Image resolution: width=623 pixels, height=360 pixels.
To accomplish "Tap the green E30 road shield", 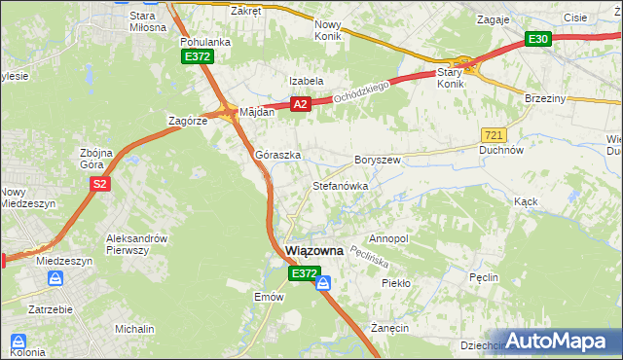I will tap(538, 39).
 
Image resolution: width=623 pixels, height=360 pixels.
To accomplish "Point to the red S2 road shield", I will tap(98, 183).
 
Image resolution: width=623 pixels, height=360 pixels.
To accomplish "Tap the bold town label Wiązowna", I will tap(314, 251).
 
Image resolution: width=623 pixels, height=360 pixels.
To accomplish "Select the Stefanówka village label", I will tap(340, 185).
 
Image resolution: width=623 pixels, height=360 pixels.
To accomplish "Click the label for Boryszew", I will tap(378, 160).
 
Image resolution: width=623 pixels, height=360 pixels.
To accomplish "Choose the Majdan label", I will tap(257, 112).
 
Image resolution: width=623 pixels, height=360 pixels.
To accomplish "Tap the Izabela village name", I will tap(305, 81).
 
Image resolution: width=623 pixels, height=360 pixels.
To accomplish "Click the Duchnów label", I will tap(502, 151).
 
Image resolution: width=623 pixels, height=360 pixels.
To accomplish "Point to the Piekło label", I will tap(396, 283).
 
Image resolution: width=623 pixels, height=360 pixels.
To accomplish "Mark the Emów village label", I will tap(268, 297).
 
